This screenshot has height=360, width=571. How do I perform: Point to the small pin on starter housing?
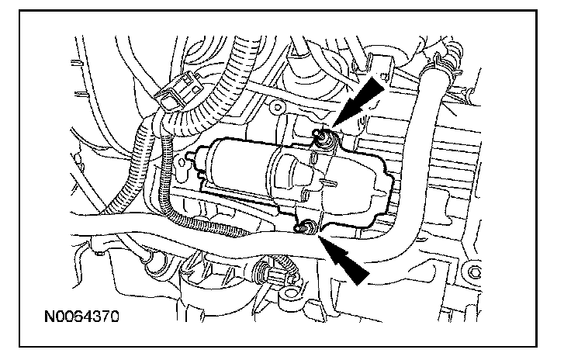tap(330, 183)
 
